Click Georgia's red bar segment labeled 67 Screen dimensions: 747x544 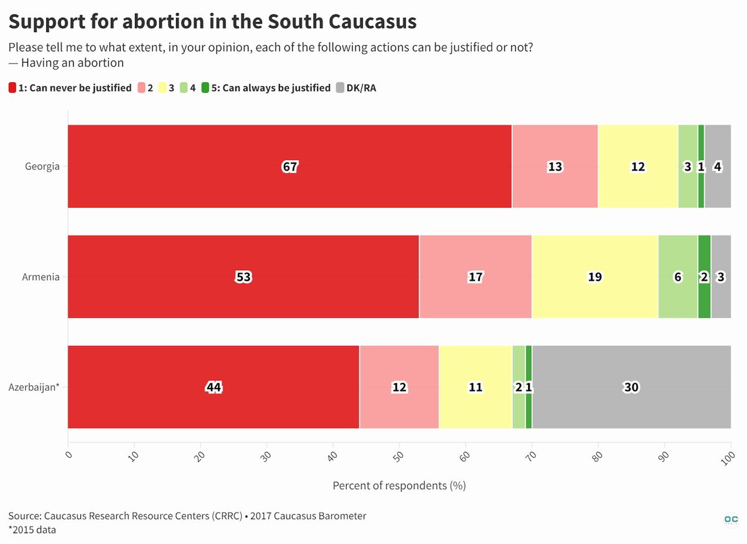click(289, 166)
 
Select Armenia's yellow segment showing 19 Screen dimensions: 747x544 click(595, 276)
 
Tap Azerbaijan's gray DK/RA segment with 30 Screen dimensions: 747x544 click(631, 387)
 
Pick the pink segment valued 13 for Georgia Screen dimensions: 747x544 click(555, 166)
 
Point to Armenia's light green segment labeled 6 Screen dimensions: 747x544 click(678, 276)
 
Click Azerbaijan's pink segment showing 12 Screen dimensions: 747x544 click(399, 387)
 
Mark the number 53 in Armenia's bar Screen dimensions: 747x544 click(243, 277)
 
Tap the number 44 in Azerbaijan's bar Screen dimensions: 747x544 click(214, 387)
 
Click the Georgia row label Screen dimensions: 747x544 click(42, 166)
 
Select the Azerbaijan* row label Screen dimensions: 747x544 click(34, 387)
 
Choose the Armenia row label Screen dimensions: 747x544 click(40, 277)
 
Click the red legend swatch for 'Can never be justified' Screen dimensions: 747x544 click(12, 88)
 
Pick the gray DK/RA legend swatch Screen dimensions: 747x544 click(340, 88)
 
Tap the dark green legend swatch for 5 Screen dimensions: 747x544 click(205, 88)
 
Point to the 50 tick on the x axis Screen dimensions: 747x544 click(399, 456)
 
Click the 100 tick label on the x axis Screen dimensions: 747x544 click(728, 458)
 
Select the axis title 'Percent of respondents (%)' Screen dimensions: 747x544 click(399, 485)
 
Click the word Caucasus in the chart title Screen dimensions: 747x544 click(372, 22)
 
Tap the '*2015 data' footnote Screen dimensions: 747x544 click(32, 530)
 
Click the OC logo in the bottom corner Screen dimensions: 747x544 click(731, 520)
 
